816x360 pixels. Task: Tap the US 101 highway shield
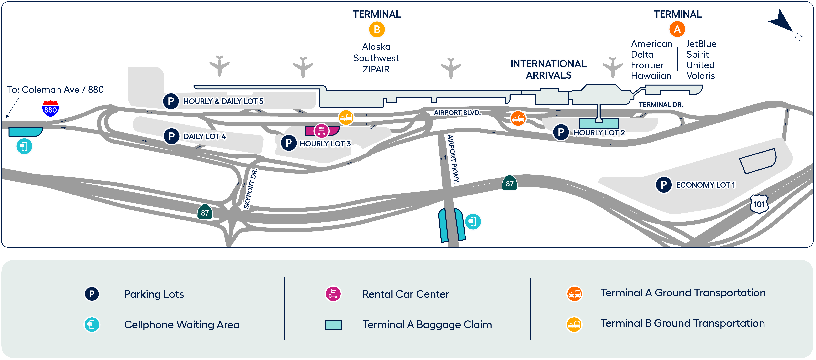pyautogui.click(x=759, y=204)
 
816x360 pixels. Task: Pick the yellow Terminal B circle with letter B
pyautogui.click(x=377, y=30)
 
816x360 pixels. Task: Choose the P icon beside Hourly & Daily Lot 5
pyautogui.click(x=171, y=101)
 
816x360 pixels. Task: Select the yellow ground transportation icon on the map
pyautogui.click(x=346, y=118)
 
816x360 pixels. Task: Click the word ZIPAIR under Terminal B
pyautogui.click(x=376, y=69)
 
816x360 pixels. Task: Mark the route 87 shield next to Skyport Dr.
pyautogui.click(x=205, y=212)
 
